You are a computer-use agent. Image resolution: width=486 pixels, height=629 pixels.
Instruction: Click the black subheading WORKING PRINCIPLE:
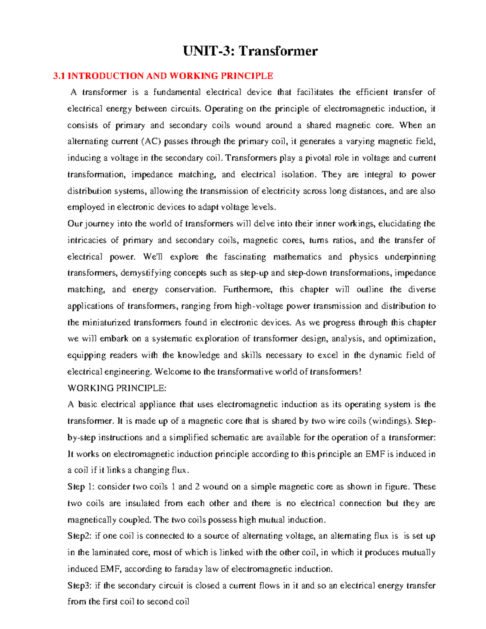[x=117, y=388]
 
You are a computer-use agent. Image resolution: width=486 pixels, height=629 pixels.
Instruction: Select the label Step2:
[x=79, y=536]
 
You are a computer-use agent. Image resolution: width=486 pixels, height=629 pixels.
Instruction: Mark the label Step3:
[x=79, y=586]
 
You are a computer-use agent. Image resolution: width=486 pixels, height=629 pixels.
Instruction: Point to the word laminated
[x=110, y=553]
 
